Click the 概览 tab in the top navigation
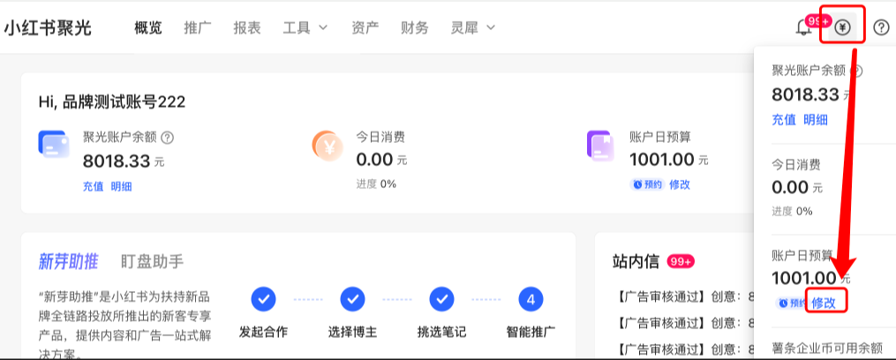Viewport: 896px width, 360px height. click(x=148, y=27)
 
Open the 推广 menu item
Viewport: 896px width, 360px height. click(x=198, y=27)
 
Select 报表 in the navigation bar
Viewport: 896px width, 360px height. click(x=247, y=27)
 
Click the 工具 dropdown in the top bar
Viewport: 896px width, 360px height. click(x=305, y=27)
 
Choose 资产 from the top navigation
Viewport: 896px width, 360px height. click(x=365, y=27)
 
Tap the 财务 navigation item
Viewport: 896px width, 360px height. click(x=414, y=27)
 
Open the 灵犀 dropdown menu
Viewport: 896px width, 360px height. click(x=472, y=27)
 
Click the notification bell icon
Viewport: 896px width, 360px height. click(x=803, y=27)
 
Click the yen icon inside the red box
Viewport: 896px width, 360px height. click(x=842, y=27)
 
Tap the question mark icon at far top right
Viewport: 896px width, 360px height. click(x=881, y=27)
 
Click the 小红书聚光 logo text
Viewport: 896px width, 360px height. click(x=48, y=27)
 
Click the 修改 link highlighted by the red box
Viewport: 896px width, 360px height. click(x=825, y=302)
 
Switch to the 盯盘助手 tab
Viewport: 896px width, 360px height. click(x=152, y=260)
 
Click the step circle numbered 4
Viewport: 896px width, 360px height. click(x=531, y=299)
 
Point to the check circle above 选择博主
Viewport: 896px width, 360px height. click(x=353, y=299)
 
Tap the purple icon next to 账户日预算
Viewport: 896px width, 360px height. click(x=601, y=146)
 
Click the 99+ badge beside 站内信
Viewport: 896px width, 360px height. click(x=681, y=261)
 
